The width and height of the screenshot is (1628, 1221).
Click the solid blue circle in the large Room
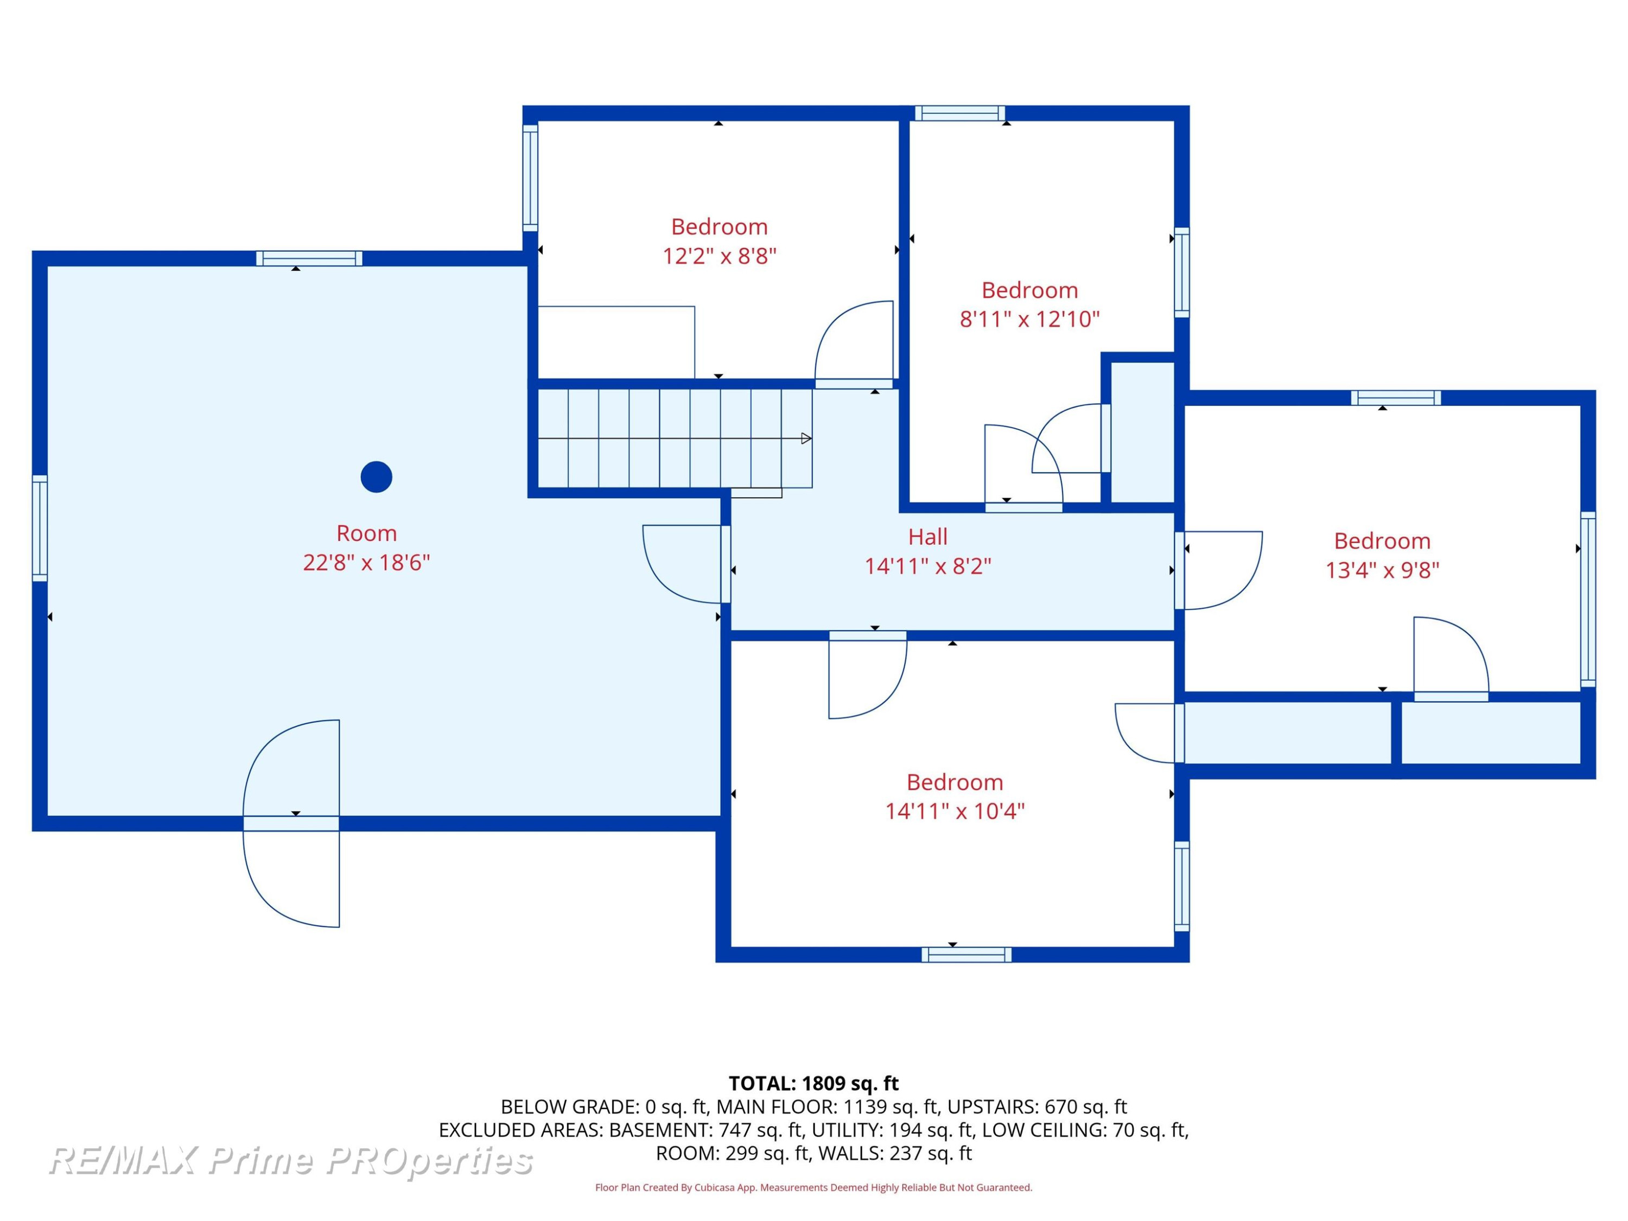pos(376,477)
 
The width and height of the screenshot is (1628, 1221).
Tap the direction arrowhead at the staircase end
pos(806,438)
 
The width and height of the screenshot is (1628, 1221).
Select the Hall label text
pos(927,537)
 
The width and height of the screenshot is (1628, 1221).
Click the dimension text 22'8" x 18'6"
pos(366,562)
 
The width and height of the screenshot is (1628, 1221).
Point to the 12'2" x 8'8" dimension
pos(719,256)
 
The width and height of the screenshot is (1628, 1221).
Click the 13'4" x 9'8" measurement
pos(1382,570)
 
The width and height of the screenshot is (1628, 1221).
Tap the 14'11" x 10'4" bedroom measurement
pos(955,811)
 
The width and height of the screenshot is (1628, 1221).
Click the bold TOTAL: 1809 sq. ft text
pos(813,1083)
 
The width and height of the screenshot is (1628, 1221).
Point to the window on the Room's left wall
pos(40,529)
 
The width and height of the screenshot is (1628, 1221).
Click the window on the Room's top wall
pos(309,258)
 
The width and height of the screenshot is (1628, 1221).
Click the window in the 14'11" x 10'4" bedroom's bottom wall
pos(966,955)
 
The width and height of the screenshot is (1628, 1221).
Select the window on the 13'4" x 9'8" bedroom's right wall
pos(1588,599)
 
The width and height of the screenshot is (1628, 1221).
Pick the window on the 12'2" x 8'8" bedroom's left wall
pos(530,177)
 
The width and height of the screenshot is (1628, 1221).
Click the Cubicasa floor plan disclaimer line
pos(813,1187)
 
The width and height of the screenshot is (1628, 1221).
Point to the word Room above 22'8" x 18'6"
pos(366,533)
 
